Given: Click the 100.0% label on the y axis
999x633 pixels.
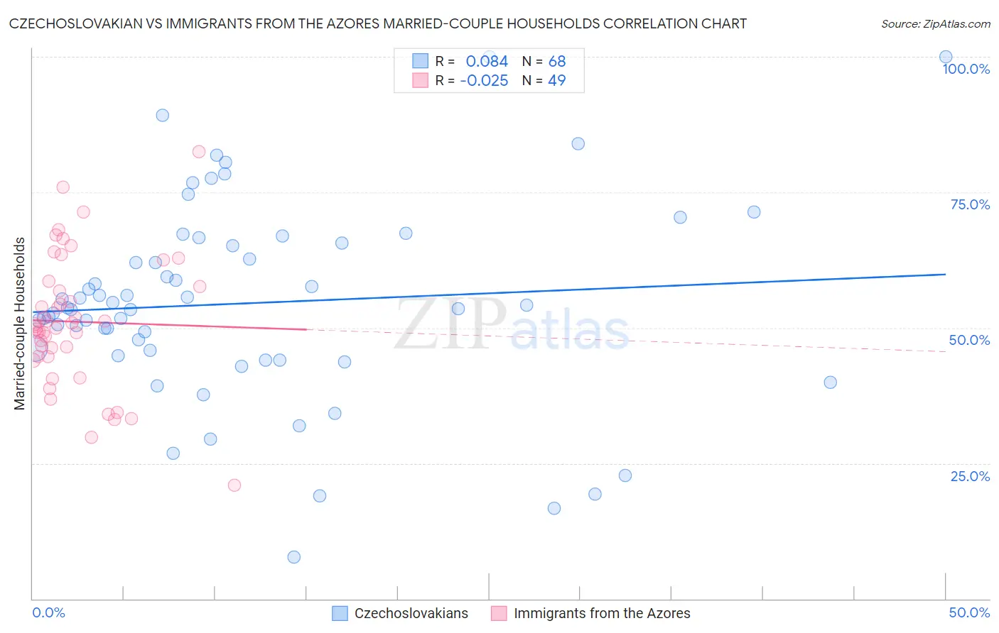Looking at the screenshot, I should tap(966, 69).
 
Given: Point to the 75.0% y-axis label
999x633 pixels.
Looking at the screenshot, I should tap(970, 204).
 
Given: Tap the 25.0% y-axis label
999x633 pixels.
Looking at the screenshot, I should tap(970, 476).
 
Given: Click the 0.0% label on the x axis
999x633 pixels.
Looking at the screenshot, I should tap(48, 612).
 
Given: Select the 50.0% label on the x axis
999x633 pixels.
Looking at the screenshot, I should tap(969, 612).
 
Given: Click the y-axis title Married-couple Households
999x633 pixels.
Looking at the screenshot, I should tap(20, 324).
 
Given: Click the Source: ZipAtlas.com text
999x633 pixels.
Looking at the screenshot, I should tap(935, 24).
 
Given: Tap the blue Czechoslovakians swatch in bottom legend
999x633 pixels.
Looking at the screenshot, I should tap(340, 613).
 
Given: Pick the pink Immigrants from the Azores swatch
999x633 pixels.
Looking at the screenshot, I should tap(499, 613).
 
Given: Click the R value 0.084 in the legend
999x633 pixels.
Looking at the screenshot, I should tap(487, 62).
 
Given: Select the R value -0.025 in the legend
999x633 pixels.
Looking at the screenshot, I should tap(484, 81).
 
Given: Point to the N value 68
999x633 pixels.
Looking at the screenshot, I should tap(557, 62).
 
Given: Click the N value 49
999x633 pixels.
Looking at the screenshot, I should tap(557, 81).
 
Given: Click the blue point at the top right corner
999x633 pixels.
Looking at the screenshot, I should tap(946, 57).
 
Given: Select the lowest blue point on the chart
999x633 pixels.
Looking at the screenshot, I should tap(294, 557).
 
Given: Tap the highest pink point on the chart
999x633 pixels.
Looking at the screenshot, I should tap(199, 152).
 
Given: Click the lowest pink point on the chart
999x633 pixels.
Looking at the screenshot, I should tap(234, 485).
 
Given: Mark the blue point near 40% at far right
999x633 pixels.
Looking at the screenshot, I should tap(830, 382).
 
